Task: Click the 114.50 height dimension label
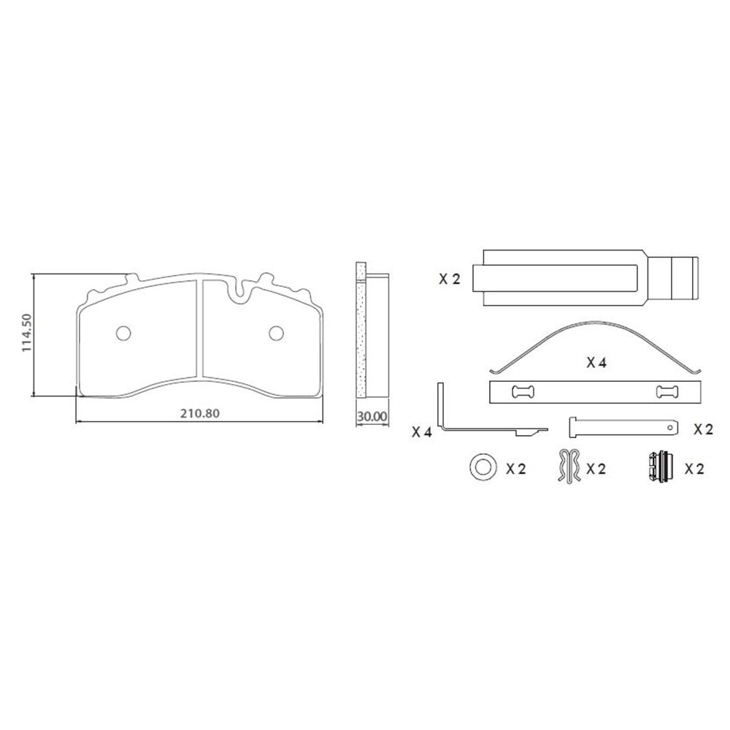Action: [x=27, y=333]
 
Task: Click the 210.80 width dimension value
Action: [x=200, y=413]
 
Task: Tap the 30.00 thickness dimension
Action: [x=372, y=417]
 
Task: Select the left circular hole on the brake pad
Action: [x=123, y=333]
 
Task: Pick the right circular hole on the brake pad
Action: [x=277, y=333]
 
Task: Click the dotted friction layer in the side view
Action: [x=361, y=330]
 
